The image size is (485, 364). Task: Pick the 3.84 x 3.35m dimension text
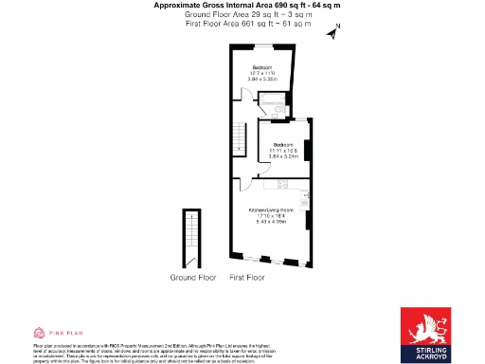(262, 80)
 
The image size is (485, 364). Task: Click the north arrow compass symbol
(332, 34)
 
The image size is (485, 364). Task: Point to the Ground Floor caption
(191, 279)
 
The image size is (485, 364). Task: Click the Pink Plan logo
(54, 333)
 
